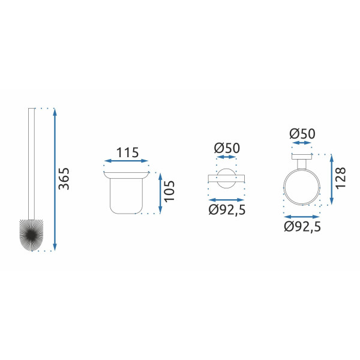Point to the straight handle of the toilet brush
[31, 162]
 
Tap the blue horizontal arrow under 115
[126, 161]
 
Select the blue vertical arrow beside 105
[159, 193]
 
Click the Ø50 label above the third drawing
[226, 148]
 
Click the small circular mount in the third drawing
[226, 178]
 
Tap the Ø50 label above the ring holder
[302, 134]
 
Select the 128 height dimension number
[341, 179]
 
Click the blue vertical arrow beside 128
[331, 179]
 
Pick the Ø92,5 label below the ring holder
[302, 227]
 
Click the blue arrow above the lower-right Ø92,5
[302, 217]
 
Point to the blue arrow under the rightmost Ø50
[302, 143]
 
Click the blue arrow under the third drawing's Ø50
[226, 157]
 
